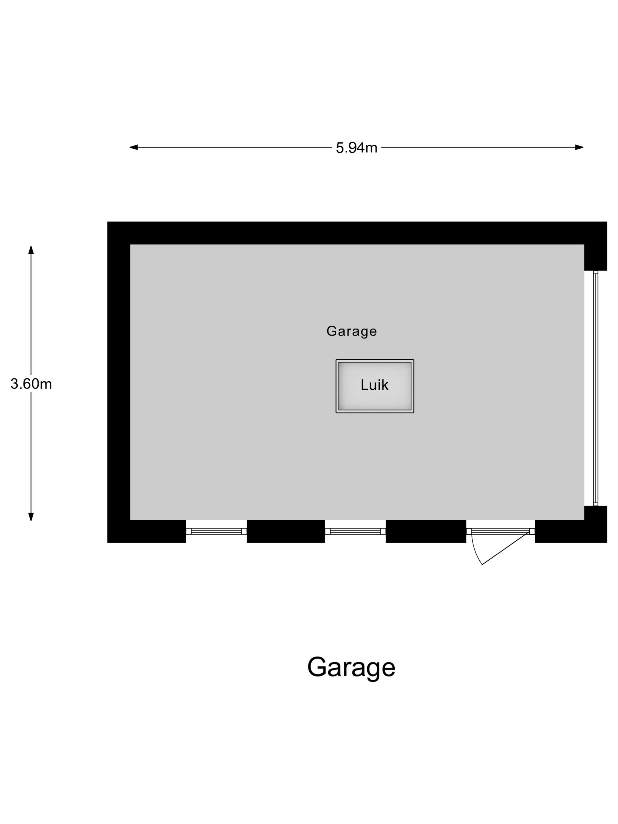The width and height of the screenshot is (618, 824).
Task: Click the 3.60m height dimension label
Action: [31, 384]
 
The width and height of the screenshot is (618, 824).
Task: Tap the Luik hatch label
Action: [374, 385]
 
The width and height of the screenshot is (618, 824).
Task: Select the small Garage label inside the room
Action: [351, 331]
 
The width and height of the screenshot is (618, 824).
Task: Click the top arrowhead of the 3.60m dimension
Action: [31, 250]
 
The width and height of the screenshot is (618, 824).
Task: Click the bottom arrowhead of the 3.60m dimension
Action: [31, 517]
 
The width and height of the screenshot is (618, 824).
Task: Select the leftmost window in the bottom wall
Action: [216, 531]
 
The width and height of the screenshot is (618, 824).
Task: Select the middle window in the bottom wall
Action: [355, 531]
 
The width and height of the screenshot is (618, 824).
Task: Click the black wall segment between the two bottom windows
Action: [286, 531]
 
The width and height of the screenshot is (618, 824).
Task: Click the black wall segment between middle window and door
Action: [426, 531]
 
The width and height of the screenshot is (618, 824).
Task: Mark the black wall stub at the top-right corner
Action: [595, 257]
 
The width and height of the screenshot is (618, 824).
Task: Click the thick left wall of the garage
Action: [119, 380]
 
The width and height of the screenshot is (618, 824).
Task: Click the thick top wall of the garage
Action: [354, 233]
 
